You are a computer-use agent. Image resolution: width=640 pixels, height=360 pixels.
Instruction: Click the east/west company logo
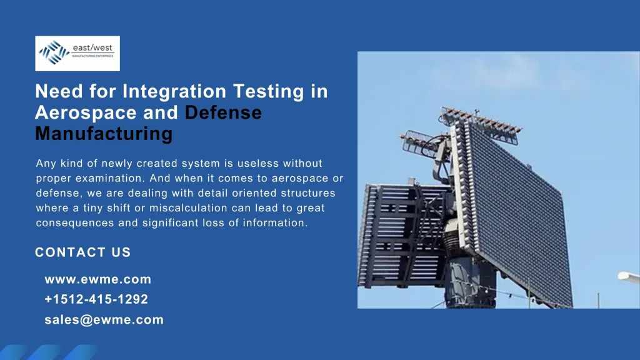[77, 54]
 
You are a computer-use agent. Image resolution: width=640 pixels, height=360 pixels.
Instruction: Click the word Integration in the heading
[174, 91]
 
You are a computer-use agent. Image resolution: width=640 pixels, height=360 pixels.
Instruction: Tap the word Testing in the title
[269, 91]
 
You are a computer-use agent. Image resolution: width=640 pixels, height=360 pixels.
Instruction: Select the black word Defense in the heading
[223, 112]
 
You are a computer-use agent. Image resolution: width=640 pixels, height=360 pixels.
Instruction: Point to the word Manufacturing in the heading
[104, 134]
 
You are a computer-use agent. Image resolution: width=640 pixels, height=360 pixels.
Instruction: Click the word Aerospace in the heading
[86, 113]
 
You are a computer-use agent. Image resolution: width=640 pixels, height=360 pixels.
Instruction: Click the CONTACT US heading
[83, 252]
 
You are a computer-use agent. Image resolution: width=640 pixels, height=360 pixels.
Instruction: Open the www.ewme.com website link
[98, 279]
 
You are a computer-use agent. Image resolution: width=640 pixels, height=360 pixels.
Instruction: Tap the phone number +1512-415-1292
[96, 299]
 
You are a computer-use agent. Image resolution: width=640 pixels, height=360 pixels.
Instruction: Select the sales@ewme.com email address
[104, 319]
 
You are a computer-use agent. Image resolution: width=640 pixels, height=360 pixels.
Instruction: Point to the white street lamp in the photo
[629, 277]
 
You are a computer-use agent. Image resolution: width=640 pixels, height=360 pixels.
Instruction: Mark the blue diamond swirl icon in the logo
[54, 52]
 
